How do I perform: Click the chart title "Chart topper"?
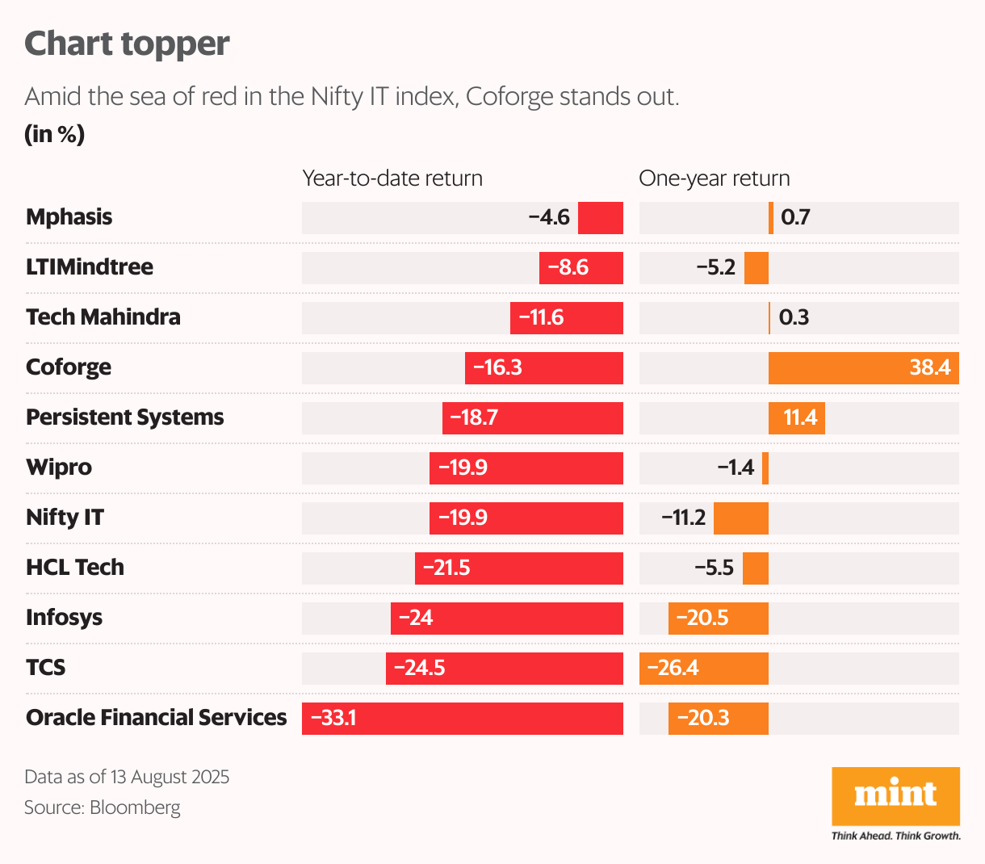(127, 44)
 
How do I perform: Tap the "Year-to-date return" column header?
(392, 178)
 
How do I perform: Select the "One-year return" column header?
(714, 178)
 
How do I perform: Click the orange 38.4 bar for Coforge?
(863, 368)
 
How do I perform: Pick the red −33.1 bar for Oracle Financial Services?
(463, 719)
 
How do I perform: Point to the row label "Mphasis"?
(69, 217)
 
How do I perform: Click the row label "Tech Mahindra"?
(103, 317)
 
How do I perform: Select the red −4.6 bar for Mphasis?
(601, 218)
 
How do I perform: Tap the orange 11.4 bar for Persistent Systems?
(797, 418)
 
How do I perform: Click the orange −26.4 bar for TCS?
(703, 669)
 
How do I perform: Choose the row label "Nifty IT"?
(65, 518)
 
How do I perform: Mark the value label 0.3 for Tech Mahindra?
(794, 317)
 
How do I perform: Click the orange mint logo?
(895, 796)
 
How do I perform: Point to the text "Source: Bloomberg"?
(103, 807)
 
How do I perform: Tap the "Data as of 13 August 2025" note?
(127, 777)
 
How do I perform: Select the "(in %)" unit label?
(54, 134)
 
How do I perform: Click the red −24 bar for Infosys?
(507, 619)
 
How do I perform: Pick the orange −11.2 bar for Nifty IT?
(741, 518)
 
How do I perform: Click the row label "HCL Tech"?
(75, 568)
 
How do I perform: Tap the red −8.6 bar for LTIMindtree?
(581, 268)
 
